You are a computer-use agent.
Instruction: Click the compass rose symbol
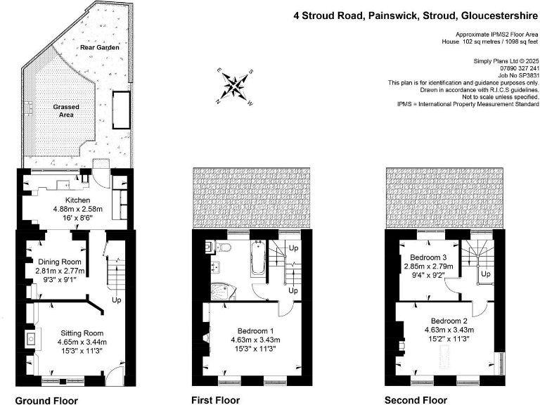pos(234,85)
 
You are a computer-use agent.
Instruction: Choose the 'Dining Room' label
pos(60,262)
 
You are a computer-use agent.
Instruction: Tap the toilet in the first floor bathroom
pos(224,247)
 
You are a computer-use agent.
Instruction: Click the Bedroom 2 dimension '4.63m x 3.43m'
pos(449,330)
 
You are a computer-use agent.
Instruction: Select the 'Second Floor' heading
pos(415,400)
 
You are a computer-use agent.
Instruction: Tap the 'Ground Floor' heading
pos(46,400)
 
